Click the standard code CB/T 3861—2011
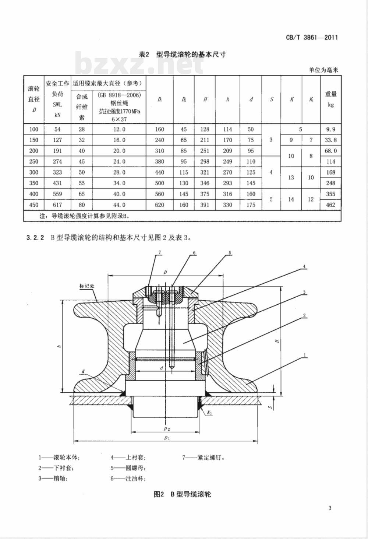[312, 38]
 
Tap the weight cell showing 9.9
[331, 129]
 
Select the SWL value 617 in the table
[57, 205]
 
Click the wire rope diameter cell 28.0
[119, 172]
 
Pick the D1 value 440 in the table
[159, 172]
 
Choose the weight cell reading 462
[331, 205]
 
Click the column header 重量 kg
[331, 99]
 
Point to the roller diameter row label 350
[33, 183]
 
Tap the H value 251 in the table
[205, 151]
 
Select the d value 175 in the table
[251, 205]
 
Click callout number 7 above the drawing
[160, 253]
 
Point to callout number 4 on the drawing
[304, 266]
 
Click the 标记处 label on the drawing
[87, 286]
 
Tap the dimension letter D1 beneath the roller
[167, 438]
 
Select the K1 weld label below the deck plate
[209, 413]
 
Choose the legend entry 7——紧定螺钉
[204, 458]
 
